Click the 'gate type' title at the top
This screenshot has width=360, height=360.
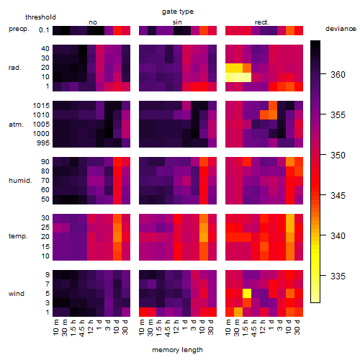click(178, 12)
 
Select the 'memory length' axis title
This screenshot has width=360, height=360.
click(177, 350)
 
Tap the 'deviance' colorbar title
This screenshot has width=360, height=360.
click(341, 29)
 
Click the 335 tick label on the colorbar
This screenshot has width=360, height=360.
click(338, 276)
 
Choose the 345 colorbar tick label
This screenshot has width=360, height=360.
click(338, 196)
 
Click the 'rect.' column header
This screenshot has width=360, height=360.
click(262, 22)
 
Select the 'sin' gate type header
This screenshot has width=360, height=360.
click(177, 22)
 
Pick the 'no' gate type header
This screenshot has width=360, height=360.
click(93, 22)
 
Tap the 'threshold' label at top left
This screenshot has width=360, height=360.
click(40, 17)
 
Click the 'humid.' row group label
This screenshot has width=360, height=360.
click(20, 181)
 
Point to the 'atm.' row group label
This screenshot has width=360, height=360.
click(16, 125)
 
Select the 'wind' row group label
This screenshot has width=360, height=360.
click(17, 294)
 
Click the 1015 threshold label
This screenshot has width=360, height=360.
click(41, 106)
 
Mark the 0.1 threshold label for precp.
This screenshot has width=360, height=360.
click(44, 30)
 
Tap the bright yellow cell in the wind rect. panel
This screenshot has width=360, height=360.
click(247, 293)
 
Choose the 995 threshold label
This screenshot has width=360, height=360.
click(43, 143)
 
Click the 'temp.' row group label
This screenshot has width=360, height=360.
click(18, 236)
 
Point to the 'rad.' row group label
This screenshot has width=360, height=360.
click(15, 68)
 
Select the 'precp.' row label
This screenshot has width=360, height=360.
click(19, 30)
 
